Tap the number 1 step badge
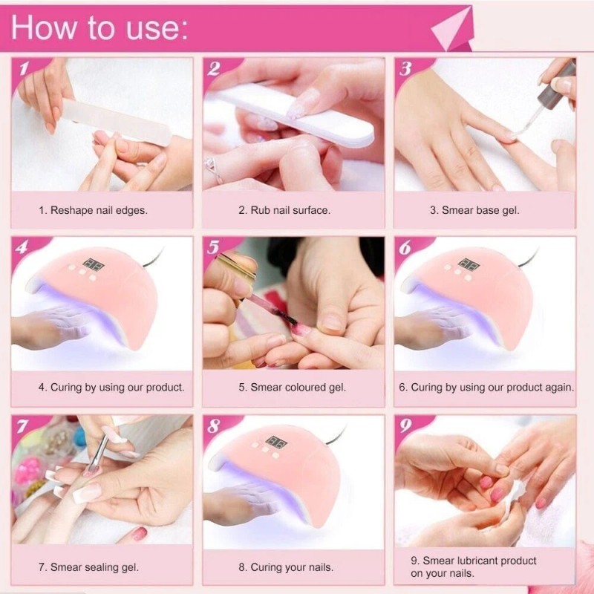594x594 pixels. tap(24, 70)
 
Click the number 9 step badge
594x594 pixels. tap(405, 426)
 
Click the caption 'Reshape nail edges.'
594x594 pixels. tap(93, 210)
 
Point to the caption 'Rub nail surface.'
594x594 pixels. tap(284, 210)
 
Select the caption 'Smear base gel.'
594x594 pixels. tap(475, 210)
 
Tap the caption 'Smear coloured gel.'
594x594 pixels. tap(293, 387)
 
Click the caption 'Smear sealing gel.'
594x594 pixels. tap(94, 567)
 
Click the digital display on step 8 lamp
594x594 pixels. tap(278, 441)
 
